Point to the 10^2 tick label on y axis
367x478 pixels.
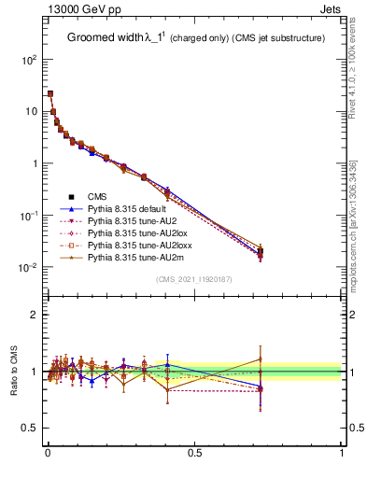click(28, 59)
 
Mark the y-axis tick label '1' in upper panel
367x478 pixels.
click(34, 163)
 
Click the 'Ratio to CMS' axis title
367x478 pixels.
click(13, 372)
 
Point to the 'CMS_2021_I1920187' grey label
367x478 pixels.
click(194, 279)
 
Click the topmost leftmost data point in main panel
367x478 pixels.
click(49, 93)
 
